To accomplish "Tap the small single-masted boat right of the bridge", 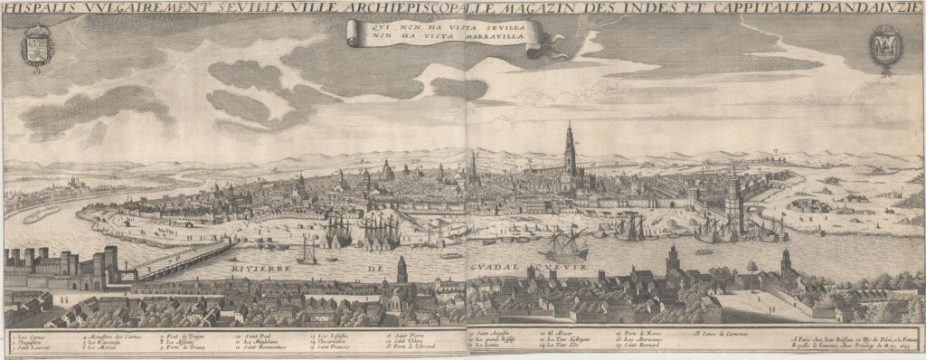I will coord(307,251).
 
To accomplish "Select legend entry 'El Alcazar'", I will coord(562,336).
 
